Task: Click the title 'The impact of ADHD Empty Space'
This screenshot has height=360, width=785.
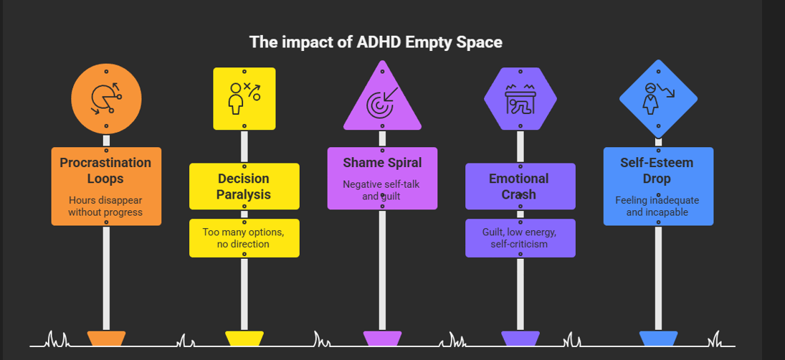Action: [x=376, y=42]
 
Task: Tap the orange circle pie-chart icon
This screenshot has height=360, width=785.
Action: [x=106, y=99]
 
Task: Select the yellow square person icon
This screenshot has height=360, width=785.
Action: [x=244, y=99]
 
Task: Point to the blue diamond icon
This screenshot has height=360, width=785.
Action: [x=658, y=98]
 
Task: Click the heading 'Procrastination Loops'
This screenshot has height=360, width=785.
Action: [x=106, y=170]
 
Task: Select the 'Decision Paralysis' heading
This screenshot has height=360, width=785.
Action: [x=244, y=186]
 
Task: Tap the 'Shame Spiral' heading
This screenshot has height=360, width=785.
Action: [x=382, y=163]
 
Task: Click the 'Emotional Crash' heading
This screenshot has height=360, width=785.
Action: [x=520, y=186]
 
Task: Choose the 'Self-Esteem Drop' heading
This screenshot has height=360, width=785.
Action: [x=658, y=170]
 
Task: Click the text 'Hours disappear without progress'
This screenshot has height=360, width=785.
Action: [x=106, y=206]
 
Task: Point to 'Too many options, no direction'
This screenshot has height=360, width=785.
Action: [x=244, y=237]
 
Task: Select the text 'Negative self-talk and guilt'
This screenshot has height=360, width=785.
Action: [x=382, y=189]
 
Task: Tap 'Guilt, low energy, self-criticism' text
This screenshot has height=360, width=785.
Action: [x=520, y=237]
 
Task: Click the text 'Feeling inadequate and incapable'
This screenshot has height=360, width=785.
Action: [x=658, y=206]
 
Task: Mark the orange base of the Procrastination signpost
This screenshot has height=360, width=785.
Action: [x=106, y=338]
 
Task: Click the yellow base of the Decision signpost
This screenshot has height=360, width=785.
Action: [x=244, y=338]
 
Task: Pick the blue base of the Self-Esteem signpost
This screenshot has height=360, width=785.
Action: [x=658, y=338]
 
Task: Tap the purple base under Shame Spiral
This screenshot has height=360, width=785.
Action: [x=382, y=338]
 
